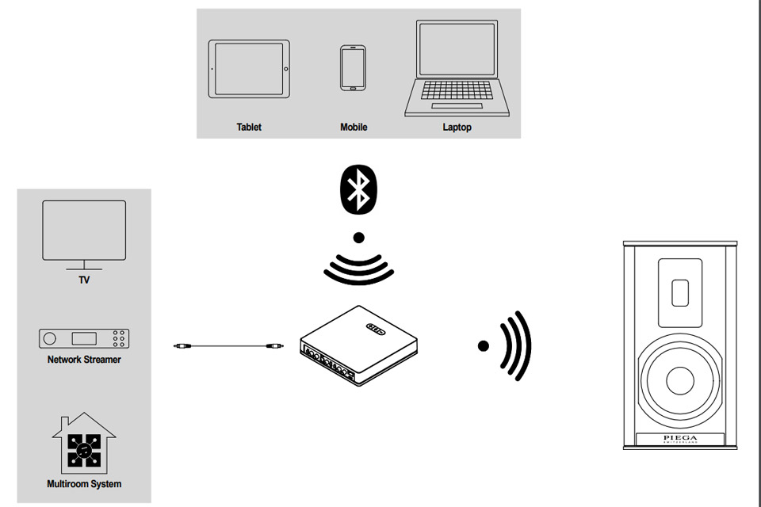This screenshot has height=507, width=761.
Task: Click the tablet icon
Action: point(249,70)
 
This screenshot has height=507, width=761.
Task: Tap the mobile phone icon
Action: point(353,68)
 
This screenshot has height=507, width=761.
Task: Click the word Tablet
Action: point(249,127)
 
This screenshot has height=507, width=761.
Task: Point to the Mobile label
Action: point(354,127)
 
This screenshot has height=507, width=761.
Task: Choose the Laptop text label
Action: point(457,127)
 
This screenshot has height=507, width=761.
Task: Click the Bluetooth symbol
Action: point(358,189)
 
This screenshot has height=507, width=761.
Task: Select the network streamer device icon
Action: point(84,338)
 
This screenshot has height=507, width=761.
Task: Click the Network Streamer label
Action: point(84,360)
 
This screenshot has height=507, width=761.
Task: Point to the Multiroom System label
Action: point(84,483)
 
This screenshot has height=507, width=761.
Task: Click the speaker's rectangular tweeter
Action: point(679,292)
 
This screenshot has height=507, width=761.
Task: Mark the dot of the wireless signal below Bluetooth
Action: point(358,236)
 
